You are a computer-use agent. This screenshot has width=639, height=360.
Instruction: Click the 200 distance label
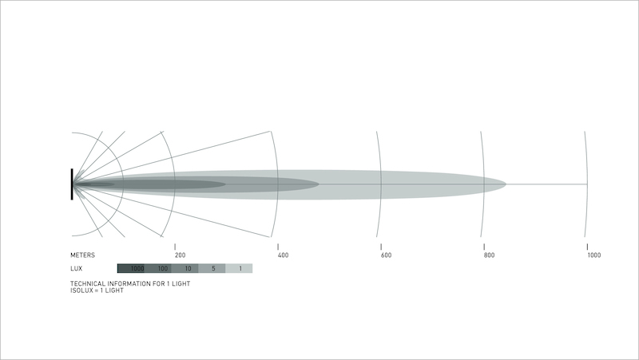point(181,255)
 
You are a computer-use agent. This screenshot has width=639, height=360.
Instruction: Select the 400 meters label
point(283,255)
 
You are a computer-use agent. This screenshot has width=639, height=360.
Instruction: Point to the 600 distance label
point(386,255)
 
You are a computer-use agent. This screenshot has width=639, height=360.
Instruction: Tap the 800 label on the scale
point(489,255)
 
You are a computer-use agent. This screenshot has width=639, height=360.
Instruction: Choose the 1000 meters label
point(593,255)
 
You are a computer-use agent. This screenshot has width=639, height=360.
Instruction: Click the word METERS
point(82,255)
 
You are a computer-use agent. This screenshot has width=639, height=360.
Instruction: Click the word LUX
point(76,268)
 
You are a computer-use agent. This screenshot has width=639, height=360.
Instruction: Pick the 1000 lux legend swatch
point(131,268)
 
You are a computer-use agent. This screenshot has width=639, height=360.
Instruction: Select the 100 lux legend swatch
point(157,268)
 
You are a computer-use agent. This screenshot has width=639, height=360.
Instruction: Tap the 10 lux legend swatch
point(185,268)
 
